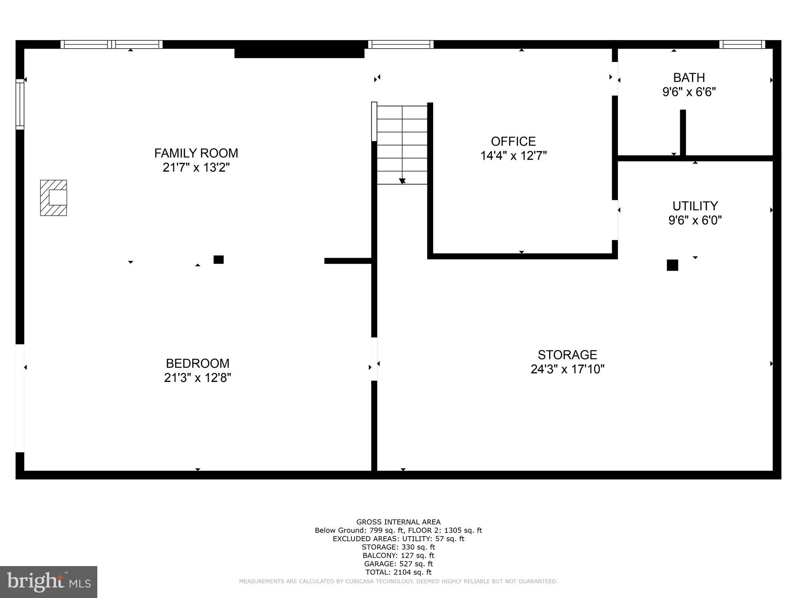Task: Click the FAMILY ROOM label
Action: click(196, 153)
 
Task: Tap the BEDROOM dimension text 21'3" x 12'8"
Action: click(197, 378)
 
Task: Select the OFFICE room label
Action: click(513, 141)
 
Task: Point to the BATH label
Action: click(689, 77)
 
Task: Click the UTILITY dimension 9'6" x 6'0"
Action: click(695, 220)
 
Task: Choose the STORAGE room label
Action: click(567, 355)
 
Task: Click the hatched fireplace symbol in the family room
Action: click(53, 197)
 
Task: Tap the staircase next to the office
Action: click(402, 144)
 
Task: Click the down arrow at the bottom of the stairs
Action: click(402, 181)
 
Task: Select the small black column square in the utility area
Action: click(672, 265)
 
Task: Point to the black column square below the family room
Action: click(219, 259)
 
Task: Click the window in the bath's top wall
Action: click(742, 44)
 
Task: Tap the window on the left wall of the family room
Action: click(20, 104)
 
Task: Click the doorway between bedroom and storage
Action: click(374, 359)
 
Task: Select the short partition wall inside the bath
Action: click(683, 133)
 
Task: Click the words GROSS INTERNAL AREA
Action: click(398, 522)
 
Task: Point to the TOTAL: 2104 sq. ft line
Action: click(398, 572)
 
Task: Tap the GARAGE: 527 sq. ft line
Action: click(398, 564)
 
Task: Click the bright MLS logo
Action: click(49, 582)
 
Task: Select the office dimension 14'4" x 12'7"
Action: click(513, 156)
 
